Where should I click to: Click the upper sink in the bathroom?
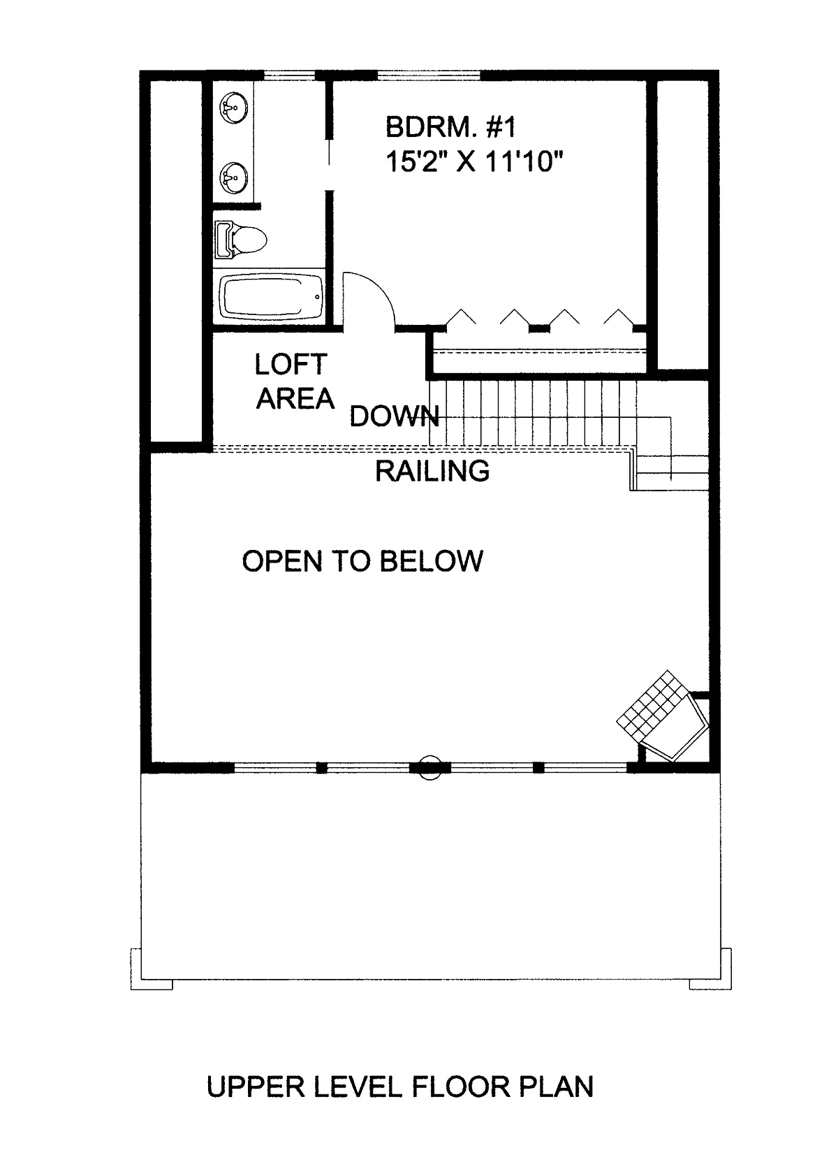tap(233, 108)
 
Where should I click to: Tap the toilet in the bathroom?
tap(240, 240)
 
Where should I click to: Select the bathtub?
tap(270, 297)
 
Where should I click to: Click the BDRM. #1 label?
tap(450, 127)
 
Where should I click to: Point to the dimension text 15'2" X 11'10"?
tap(475, 162)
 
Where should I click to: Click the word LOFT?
tap(291, 364)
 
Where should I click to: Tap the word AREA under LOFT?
tap(295, 399)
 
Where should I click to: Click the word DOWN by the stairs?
tap(395, 416)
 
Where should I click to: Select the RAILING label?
tap(432, 471)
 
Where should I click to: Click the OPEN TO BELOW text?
tap(362, 561)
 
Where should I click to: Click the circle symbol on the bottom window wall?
tap(430, 767)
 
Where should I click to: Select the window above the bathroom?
tap(290, 75)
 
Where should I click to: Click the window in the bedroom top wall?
tap(429, 75)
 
